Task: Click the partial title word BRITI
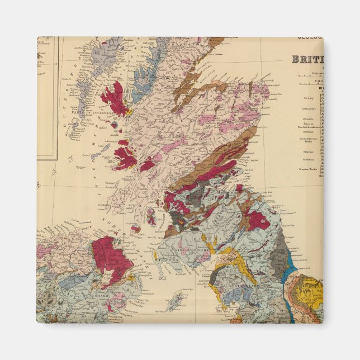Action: tap(306, 59)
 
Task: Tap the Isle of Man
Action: tap(177, 302)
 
